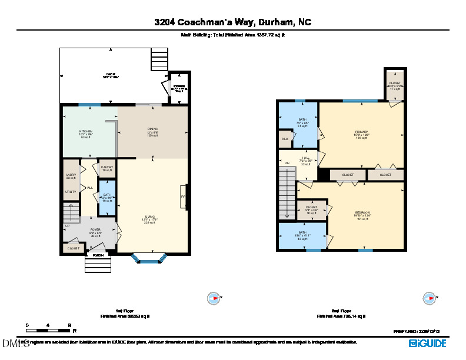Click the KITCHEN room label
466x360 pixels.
86,131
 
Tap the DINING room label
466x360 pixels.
152,131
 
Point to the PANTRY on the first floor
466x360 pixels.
106,168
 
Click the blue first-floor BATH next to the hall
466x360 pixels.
106,196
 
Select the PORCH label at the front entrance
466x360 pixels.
98,255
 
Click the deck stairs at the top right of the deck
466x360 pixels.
159,59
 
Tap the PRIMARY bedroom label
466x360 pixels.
361,133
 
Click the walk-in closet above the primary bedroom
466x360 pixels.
394,84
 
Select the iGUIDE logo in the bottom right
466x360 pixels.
428,342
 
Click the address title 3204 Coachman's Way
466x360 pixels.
233,22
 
